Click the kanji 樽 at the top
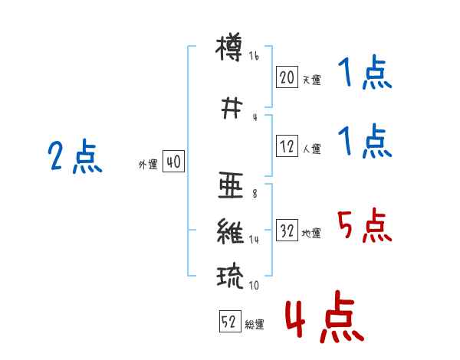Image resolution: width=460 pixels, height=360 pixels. click(229, 47)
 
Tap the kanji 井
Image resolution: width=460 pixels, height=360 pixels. click(232, 108)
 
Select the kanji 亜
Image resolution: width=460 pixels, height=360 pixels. click(231, 185)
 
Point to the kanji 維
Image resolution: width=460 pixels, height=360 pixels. click(230, 231)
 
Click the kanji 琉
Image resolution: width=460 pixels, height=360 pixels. click(230, 277)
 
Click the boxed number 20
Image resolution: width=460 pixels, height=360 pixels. click(287, 77)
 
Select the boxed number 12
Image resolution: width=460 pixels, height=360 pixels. click(287, 146)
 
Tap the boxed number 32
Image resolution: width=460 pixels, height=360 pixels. click(287, 230)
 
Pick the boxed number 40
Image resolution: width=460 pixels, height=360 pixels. click(173, 162)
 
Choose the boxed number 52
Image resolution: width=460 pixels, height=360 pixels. click(230, 321)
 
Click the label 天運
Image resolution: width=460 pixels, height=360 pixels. click(311, 80)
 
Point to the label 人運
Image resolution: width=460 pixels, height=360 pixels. click(311, 149)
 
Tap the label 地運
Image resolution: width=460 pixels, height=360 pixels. click(311, 233)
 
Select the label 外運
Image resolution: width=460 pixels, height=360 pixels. click(148, 165)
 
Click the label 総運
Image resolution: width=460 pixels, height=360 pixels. click(255, 324)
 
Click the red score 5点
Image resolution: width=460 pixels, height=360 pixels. click(364, 225)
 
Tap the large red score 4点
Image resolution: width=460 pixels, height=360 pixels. click(324, 316)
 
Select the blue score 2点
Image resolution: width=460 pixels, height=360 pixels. click(75, 156)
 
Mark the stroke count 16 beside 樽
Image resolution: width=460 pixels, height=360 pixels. click(254, 56)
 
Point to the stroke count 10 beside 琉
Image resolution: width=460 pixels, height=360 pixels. click(254, 285)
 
